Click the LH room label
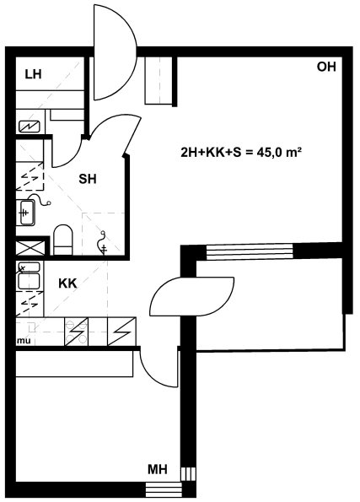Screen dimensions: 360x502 [33, 74]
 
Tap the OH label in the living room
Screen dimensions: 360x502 [326, 67]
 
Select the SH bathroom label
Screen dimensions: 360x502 [88, 179]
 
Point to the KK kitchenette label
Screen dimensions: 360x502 [67, 283]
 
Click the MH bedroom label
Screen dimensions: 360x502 [158, 469]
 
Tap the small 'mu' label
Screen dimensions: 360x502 [24, 341]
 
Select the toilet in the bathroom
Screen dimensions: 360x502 [62, 240]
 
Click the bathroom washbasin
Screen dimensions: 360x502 [28, 213]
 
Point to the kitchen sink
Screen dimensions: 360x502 [29, 276]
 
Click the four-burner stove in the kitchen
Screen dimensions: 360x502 [76, 332]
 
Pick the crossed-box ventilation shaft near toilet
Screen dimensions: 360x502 [30, 248]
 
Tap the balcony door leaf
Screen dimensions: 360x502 [192, 297]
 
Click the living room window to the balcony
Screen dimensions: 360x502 [250, 251]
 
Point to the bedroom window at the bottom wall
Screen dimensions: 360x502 [164, 489]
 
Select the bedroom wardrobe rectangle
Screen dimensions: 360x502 [74, 364]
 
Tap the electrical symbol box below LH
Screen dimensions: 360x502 [30, 127]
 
